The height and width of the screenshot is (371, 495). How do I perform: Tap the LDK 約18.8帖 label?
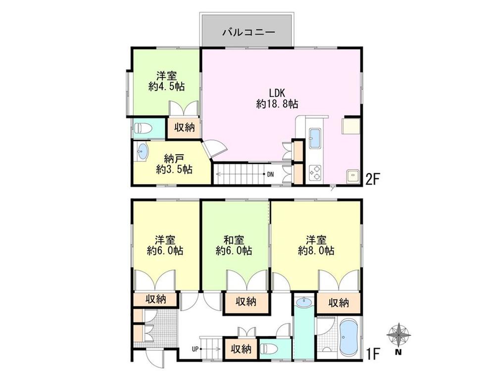(x=277, y=97)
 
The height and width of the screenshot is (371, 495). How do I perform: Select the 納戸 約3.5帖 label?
(x=174, y=164)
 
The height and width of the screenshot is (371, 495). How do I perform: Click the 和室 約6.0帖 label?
(x=234, y=245)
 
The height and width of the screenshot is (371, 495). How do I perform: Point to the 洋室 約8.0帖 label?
(x=316, y=245)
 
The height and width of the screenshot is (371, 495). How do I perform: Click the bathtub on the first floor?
(x=349, y=336)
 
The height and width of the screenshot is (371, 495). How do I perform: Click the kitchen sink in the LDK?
(x=315, y=138)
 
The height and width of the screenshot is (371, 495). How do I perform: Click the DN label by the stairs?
(x=270, y=174)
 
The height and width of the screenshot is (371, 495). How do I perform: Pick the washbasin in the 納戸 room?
(x=142, y=152)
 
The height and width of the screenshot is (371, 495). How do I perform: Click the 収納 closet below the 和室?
(x=246, y=301)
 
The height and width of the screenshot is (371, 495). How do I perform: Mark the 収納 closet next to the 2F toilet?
(x=184, y=128)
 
